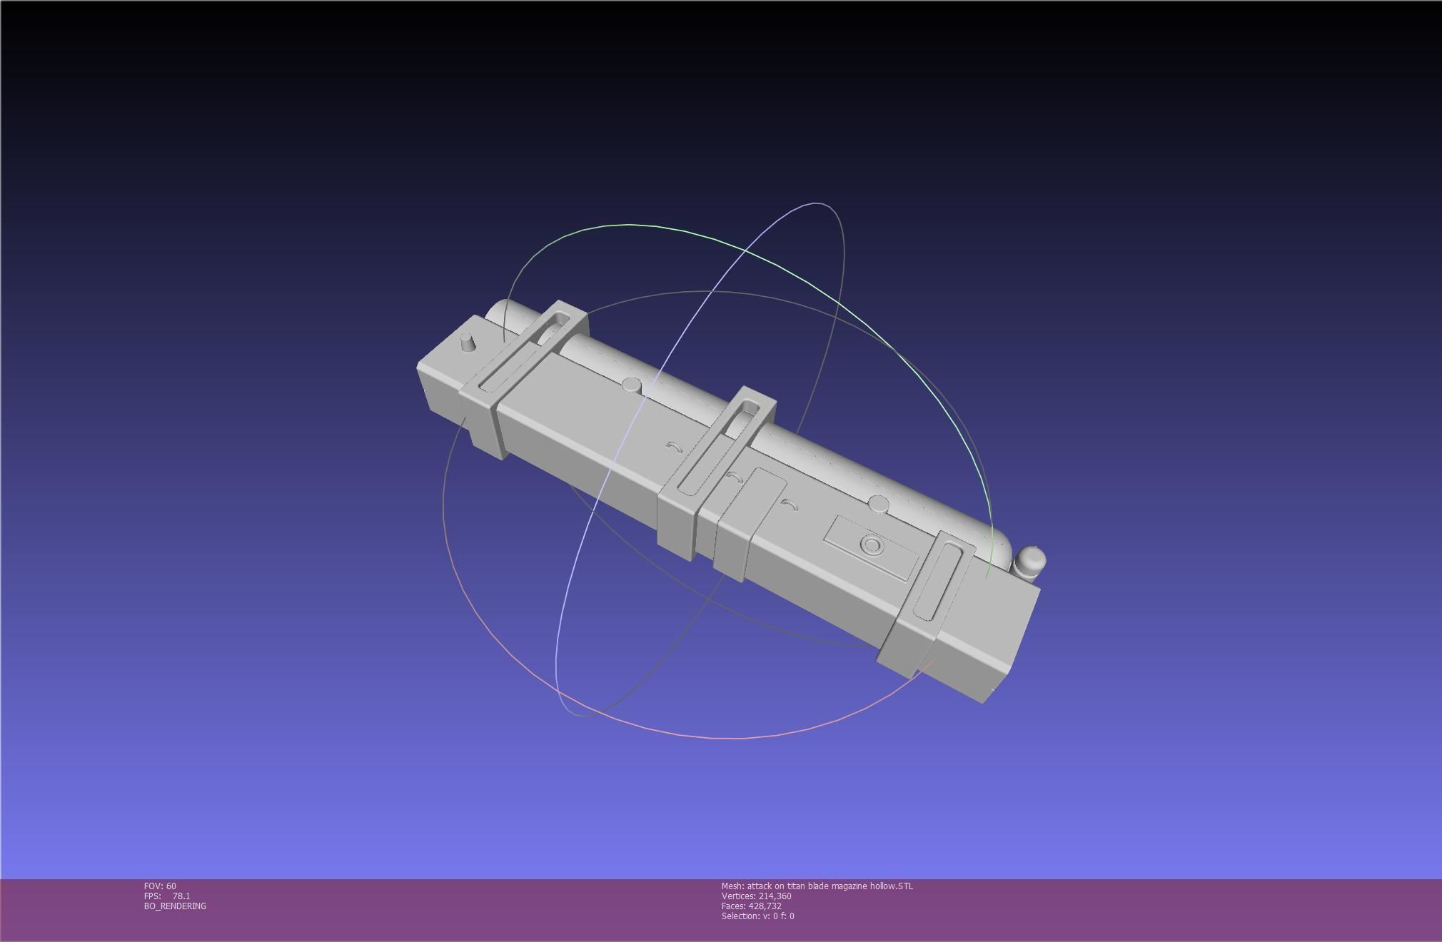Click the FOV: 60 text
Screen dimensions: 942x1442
160,886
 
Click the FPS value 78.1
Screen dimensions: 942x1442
181,896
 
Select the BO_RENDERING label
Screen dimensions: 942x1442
175,906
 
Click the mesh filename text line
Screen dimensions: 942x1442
817,886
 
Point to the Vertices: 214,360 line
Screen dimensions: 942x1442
756,896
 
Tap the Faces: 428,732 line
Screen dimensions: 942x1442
751,906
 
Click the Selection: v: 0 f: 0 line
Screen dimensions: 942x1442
757,916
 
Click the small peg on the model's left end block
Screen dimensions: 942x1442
468,343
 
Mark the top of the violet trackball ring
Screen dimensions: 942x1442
817,204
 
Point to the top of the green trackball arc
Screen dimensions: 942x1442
628,225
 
